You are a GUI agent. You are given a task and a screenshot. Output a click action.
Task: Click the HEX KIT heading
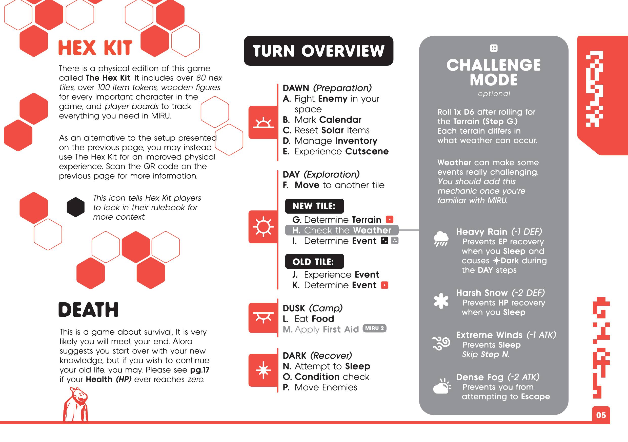coord(95,48)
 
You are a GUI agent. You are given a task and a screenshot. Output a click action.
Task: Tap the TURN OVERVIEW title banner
coord(318,51)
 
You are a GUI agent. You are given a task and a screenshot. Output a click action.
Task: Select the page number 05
coord(601,415)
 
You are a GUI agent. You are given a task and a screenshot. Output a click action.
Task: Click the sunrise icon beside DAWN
coord(263,123)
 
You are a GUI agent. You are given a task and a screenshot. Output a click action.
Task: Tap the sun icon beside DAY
coord(263,227)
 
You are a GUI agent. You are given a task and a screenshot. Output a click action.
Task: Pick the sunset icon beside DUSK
coord(263,317)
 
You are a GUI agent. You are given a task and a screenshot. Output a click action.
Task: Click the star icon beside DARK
coord(263,370)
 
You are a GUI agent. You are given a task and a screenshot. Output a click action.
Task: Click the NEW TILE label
coord(314,206)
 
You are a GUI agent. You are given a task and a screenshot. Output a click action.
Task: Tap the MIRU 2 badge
coord(374,328)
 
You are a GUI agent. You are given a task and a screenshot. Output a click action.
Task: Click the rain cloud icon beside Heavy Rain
coord(441,238)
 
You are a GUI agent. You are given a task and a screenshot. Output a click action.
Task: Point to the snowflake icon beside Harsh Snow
coord(441,301)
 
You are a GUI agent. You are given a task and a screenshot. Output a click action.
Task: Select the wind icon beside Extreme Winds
coord(441,343)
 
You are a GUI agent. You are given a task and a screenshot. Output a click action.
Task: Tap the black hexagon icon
coord(75,207)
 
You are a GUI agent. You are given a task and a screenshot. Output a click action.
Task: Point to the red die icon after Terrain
coord(390,220)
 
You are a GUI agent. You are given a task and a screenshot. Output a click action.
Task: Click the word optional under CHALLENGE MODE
coord(494,94)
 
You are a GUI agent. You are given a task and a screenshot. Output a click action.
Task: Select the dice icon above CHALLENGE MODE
coord(494,48)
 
